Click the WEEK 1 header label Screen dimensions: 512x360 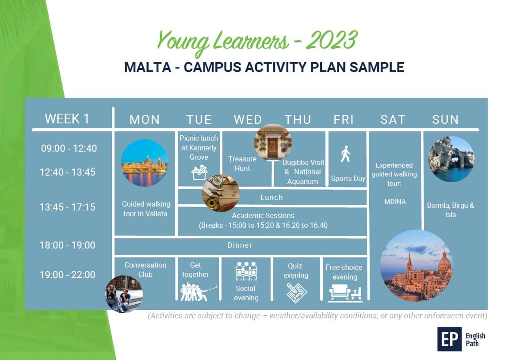67,119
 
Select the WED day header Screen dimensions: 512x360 248,119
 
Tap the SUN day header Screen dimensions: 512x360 445,119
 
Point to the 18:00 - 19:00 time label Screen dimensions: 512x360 68,245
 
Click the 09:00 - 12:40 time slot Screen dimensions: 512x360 69,148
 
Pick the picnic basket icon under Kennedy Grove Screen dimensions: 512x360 199,172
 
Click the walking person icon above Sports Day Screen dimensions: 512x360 345,154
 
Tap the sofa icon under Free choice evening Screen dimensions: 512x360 345,293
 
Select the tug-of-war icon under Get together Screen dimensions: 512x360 198,292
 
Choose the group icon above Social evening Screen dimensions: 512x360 247,271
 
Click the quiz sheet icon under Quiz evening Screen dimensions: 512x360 297,293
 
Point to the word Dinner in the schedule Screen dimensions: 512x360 240,245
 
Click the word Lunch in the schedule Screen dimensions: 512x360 271,197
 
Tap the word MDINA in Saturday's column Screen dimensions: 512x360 395,202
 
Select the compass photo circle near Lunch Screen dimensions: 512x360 221,193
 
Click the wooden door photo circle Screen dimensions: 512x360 273,142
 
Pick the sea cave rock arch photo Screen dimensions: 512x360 451,159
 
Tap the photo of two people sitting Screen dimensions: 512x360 124,294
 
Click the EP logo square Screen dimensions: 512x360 450,339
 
